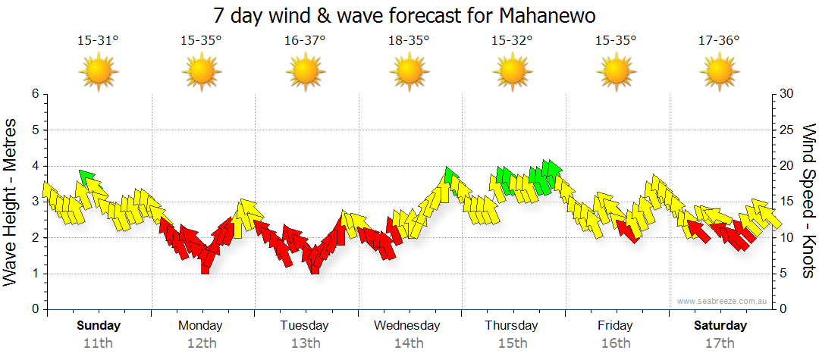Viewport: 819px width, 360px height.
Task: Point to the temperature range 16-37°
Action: (305, 40)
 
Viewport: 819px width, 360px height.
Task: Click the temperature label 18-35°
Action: (409, 40)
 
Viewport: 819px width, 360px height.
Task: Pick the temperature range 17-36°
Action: (719, 40)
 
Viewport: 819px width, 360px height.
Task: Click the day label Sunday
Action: (99, 326)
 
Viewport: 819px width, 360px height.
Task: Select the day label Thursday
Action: (512, 326)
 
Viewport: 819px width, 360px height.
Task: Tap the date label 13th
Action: (305, 343)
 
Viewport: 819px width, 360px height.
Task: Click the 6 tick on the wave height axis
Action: (35, 94)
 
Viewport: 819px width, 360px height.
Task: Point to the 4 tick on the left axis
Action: (35, 166)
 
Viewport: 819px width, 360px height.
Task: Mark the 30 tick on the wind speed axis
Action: (788, 94)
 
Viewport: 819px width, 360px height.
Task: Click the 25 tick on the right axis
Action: (788, 130)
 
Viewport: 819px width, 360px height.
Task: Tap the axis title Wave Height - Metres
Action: (11, 202)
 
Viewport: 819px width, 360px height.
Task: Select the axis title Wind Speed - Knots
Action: (808, 202)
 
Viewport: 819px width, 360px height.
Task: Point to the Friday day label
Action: (615, 326)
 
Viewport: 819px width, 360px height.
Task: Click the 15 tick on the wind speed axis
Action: (788, 202)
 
